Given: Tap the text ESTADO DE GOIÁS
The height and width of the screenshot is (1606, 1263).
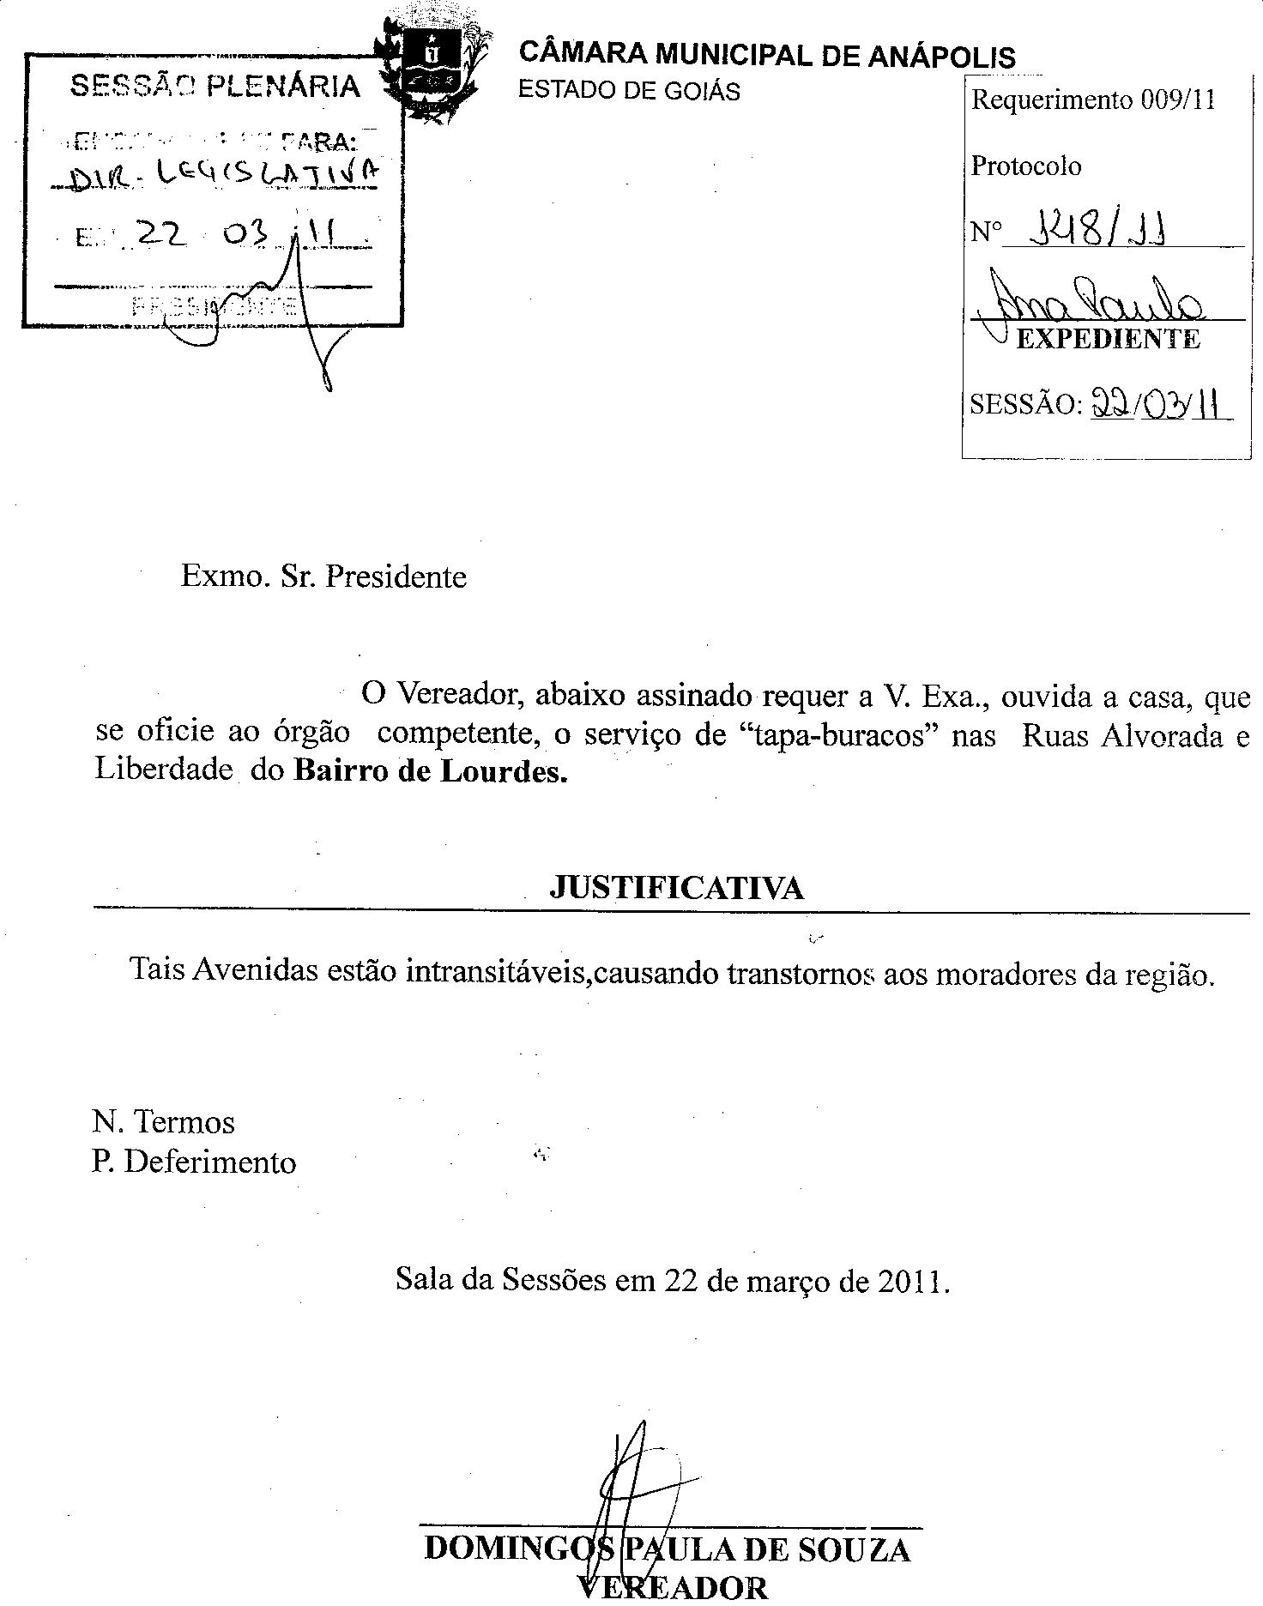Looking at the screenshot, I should (x=629, y=91).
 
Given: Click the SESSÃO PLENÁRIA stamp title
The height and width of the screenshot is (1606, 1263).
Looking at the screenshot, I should (x=215, y=86).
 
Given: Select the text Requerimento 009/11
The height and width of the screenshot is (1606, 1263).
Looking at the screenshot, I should (x=1093, y=100).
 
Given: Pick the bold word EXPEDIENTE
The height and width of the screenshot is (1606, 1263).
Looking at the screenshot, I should (x=1108, y=340).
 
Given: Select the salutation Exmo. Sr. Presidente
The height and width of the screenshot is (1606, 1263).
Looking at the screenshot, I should (x=323, y=576).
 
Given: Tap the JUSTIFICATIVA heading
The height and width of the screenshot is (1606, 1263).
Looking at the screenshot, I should (x=676, y=888).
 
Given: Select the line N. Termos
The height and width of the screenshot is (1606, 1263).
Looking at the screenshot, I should (x=163, y=1122).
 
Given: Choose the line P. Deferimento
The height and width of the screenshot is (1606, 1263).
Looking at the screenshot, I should (x=194, y=1162).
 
